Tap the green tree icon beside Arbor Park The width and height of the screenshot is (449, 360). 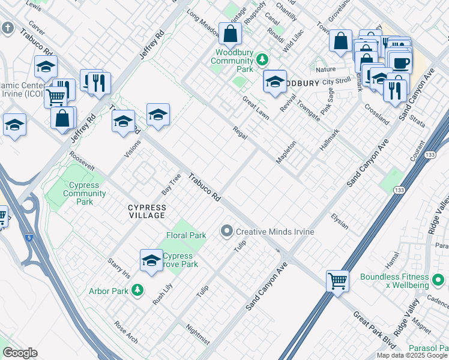click(x=138, y=291)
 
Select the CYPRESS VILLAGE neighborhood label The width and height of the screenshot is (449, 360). click(x=146, y=211)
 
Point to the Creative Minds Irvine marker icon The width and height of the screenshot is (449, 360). click(x=227, y=231)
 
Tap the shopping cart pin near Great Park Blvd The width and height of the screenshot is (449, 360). click(x=338, y=280)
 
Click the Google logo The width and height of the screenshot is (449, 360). click(x=20, y=353)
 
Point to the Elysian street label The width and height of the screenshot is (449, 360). click(x=340, y=221)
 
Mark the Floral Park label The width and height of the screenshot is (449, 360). click(x=186, y=236)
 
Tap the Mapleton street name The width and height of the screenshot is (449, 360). click(x=286, y=152)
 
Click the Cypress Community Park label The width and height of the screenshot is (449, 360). click(x=85, y=193)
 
